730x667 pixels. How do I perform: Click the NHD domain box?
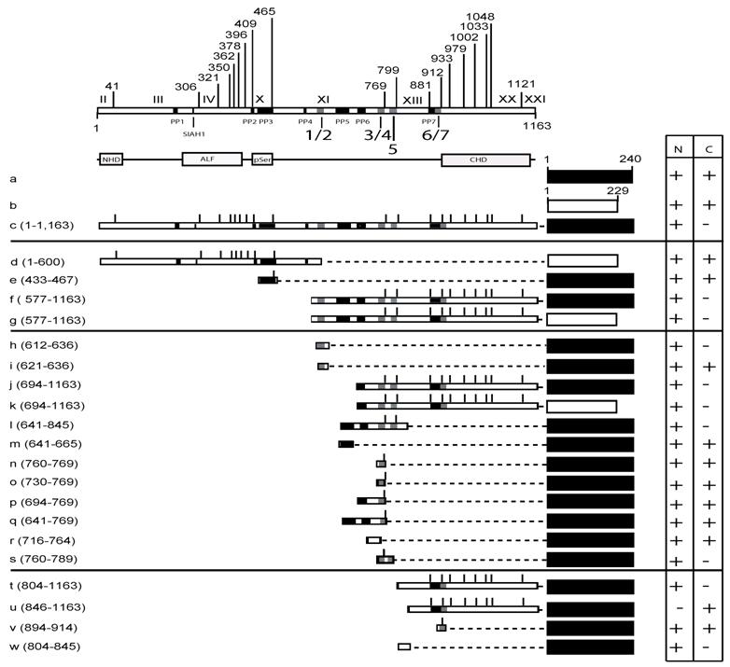pyautogui.click(x=111, y=160)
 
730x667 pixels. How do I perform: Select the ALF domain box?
pyautogui.click(x=211, y=160)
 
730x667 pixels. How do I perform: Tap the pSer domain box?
pyautogui.click(x=263, y=160)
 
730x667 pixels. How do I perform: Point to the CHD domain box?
pyautogui.click(x=485, y=160)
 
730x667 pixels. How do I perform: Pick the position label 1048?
pyautogui.click(x=482, y=16)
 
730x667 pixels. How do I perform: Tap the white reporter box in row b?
pyautogui.click(x=582, y=204)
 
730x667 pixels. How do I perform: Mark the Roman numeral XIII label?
pyautogui.click(x=412, y=100)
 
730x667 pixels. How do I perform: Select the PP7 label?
pyautogui.click(x=428, y=121)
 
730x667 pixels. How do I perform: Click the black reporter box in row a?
pyautogui.click(x=590, y=176)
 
